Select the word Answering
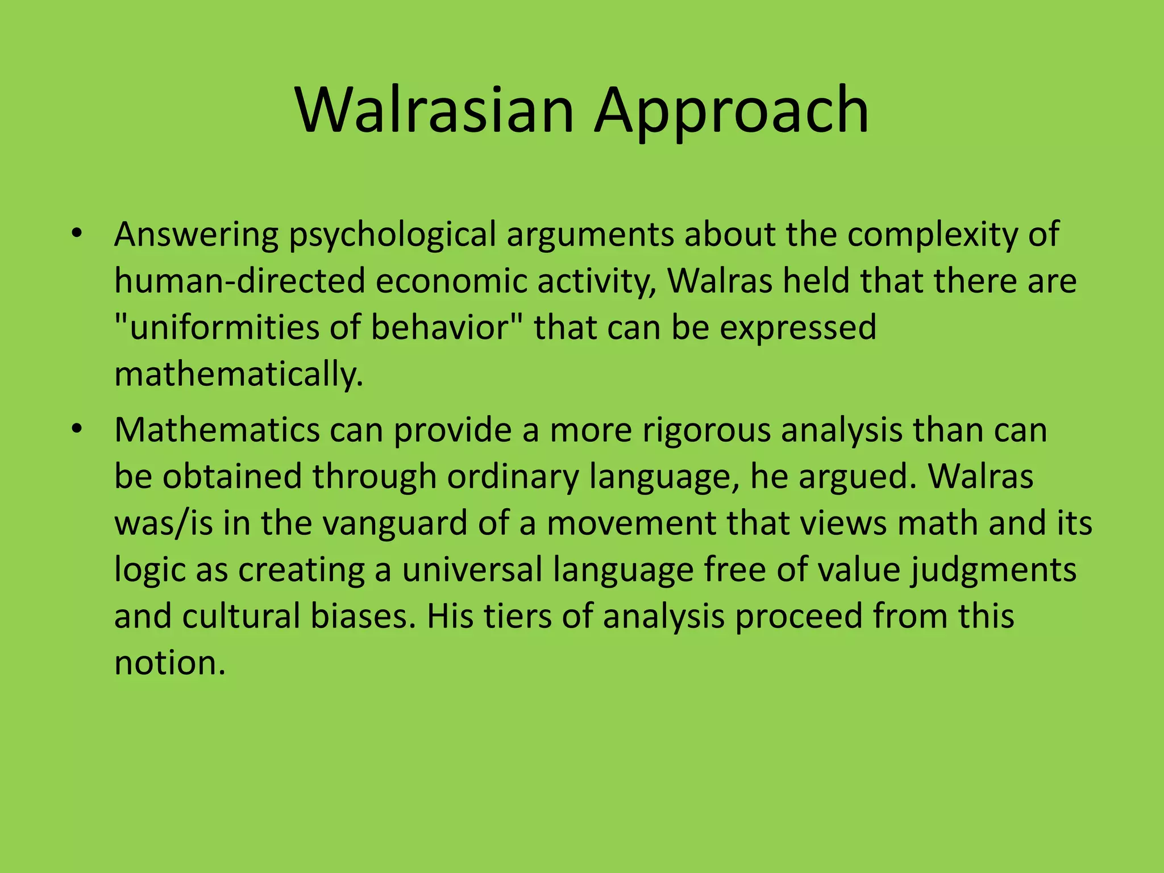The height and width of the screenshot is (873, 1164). pyautogui.click(x=196, y=235)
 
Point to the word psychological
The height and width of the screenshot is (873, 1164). pyautogui.click(x=393, y=235)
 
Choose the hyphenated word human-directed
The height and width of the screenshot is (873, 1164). pyautogui.click(x=239, y=281)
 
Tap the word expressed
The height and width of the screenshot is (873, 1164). pyautogui.click(x=798, y=328)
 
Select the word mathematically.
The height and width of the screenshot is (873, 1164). pyautogui.click(x=239, y=375)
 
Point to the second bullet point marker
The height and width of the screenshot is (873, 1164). pyautogui.click(x=77, y=429)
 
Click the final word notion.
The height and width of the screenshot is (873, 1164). pyautogui.click(x=169, y=663)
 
